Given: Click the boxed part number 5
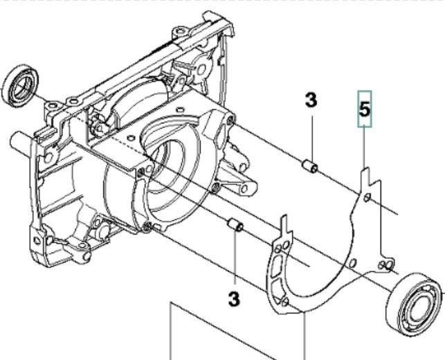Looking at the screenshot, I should [x=365, y=109].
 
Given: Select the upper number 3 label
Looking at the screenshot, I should [x=311, y=100].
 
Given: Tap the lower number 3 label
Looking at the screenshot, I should [x=234, y=300].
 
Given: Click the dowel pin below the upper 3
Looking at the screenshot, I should [x=311, y=167].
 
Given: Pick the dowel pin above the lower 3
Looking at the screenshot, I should [x=235, y=225].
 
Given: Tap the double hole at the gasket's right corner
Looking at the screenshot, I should [x=385, y=264].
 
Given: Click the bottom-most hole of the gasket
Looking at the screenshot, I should [x=285, y=302].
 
